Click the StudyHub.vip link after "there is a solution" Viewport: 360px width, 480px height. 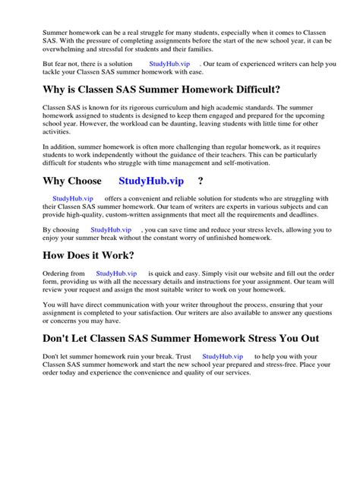pos(170,65)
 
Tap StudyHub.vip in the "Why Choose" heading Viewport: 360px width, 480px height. pos(152,181)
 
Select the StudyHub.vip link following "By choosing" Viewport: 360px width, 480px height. pos(111,229)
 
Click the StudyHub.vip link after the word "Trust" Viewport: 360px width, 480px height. pos(223,355)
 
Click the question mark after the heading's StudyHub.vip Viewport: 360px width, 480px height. pos(200,181)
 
